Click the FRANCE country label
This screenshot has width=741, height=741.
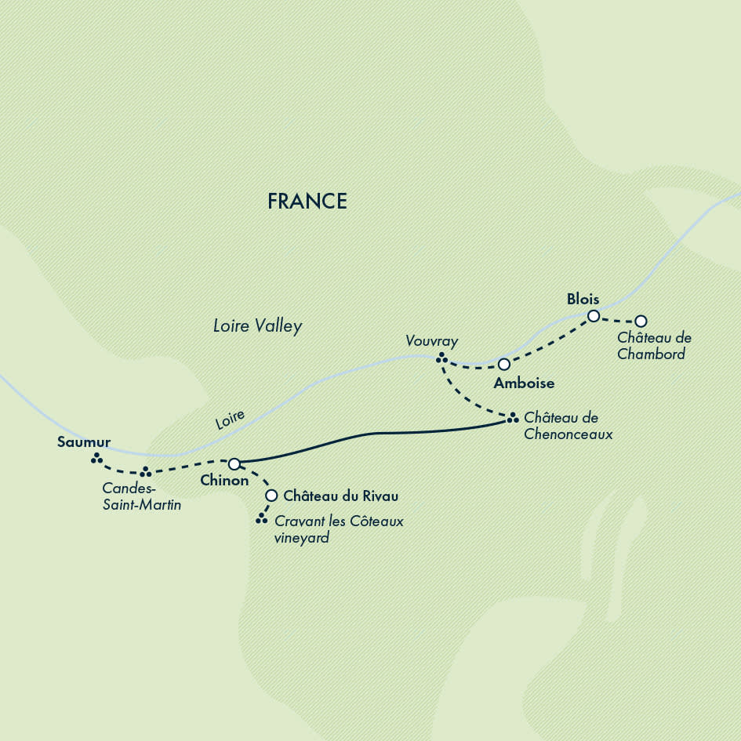tap(307, 202)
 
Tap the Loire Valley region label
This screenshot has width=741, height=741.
tap(257, 326)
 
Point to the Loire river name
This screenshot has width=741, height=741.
tap(230, 420)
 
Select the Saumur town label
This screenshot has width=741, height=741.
tap(83, 442)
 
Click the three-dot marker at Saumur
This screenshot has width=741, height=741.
tap(96, 459)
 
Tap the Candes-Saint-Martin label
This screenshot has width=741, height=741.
tap(141, 497)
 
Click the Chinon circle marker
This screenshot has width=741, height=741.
tap(234, 463)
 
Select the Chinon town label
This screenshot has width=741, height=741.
tap(224, 481)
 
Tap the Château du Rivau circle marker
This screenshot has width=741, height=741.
tap(271, 496)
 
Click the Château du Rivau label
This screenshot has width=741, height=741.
tap(341, 496)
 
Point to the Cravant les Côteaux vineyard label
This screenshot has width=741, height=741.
tap(339, 529)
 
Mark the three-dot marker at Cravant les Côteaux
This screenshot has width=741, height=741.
tap(261, 518)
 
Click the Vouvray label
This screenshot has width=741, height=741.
tap(431, 341)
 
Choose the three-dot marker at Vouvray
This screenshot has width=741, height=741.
tap(441, 358)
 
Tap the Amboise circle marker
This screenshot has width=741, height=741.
tap(504, 364)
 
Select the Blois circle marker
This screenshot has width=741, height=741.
tap(594, 316)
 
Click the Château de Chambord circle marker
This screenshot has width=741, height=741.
tap(641, 321)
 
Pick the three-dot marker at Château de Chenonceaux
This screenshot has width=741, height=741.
tap(511, 417)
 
